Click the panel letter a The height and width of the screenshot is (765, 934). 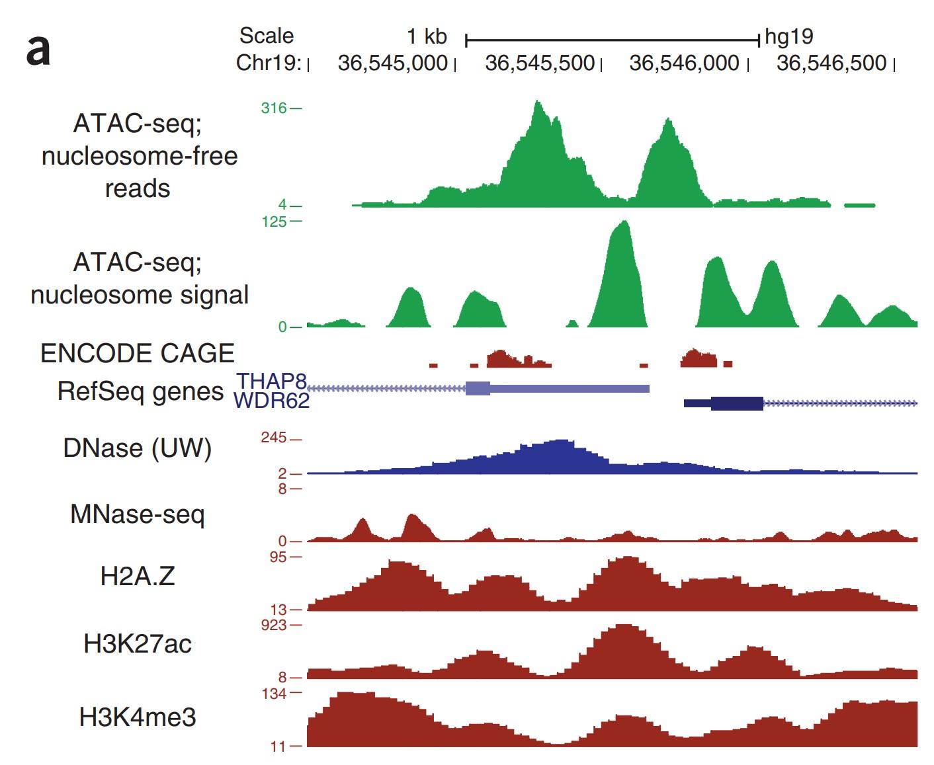[x=38, y=50]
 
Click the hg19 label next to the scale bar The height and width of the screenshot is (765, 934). [x=788, y=36]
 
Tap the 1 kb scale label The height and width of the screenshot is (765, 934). [x=427, y=36]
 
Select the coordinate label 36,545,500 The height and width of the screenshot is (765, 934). [x=539, y=63]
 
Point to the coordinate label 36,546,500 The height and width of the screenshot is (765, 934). [x=831, y=63]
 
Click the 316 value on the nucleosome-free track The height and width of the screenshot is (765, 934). [x=273, y=108]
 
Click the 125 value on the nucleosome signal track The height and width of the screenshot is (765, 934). [x=273, y=221]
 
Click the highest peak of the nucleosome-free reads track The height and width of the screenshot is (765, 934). [x=538, y=104]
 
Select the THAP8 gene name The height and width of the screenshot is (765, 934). [x=272, y=382]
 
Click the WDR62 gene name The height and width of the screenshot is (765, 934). [x=272, y=401]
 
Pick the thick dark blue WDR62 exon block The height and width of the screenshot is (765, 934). [x=737, y=403]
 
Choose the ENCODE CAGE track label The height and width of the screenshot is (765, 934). [x=138, y=354]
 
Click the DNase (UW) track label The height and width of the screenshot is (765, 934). [x=138, y=448]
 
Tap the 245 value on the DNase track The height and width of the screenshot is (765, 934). [x=273, y=438]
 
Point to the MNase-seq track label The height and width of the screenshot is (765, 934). [x=138, y=514]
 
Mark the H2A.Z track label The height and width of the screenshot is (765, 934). [x=138, y=577]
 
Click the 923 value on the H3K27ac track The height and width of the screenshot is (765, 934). [x=273, y=625]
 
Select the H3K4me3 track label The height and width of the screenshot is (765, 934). [x=138, y=717]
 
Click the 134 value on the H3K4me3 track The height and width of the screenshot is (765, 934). [x=273, y=694]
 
